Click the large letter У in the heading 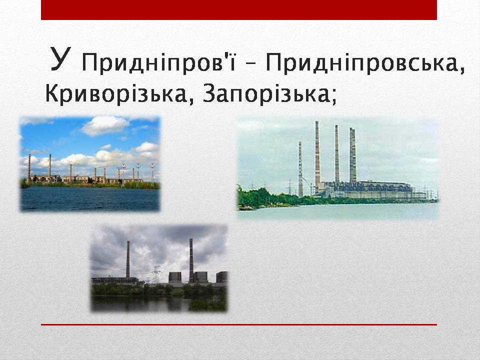click(61, 59)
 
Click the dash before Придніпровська click(250, 64)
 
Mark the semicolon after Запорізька click(333, 96)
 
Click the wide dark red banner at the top click(239, 10)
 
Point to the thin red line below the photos click(239, 324)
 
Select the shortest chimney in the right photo click(300, 168)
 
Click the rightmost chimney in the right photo click(353, 155)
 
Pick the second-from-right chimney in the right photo click(336, 153)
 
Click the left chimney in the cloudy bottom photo click(128, 259)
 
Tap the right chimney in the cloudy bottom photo click(191, 260)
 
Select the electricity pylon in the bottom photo click(156, 274)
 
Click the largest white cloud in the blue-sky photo click(105, 125)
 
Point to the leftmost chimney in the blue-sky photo click(29, 168)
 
